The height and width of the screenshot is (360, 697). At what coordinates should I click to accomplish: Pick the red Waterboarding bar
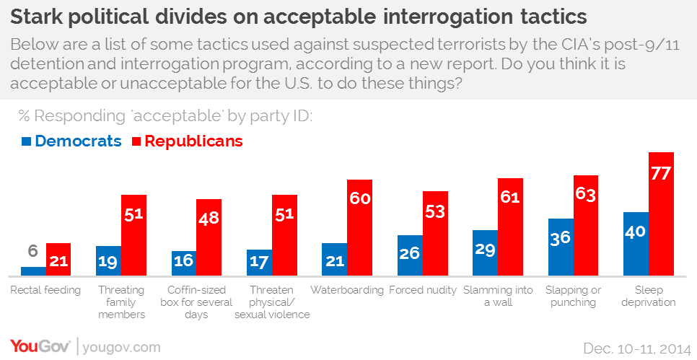359,228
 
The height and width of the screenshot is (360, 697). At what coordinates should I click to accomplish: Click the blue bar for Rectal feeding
33,271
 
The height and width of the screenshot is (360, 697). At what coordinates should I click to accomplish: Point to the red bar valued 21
58,260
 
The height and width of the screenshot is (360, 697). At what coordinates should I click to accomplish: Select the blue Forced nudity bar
410,255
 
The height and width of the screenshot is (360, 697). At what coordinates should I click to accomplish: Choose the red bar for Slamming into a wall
510,227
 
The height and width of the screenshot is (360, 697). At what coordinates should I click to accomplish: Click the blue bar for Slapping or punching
561,247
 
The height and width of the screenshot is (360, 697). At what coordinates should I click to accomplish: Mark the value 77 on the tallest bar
661,173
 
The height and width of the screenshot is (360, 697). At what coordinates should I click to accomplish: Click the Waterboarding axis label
347,290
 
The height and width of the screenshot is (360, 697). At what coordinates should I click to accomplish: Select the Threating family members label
121,302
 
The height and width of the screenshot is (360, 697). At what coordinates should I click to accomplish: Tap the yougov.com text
121,347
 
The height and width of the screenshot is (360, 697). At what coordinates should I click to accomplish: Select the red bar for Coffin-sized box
209,238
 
